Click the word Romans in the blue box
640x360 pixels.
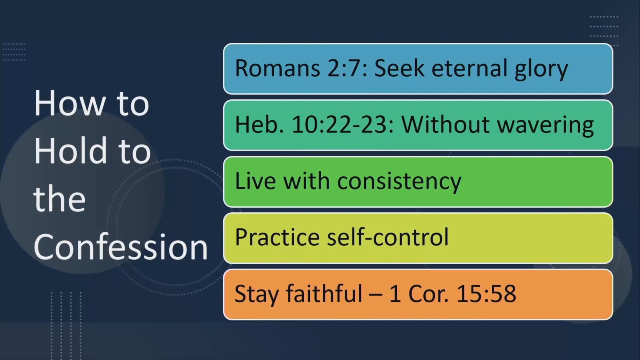point(278,68)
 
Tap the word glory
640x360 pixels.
point(541,70)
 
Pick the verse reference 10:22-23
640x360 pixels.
point(343,124)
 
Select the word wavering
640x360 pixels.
point(546,126)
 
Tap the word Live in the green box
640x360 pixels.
point(256,181)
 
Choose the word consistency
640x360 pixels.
point(399,182)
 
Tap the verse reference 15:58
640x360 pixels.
point(486,294)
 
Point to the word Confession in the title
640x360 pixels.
point(120,246)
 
